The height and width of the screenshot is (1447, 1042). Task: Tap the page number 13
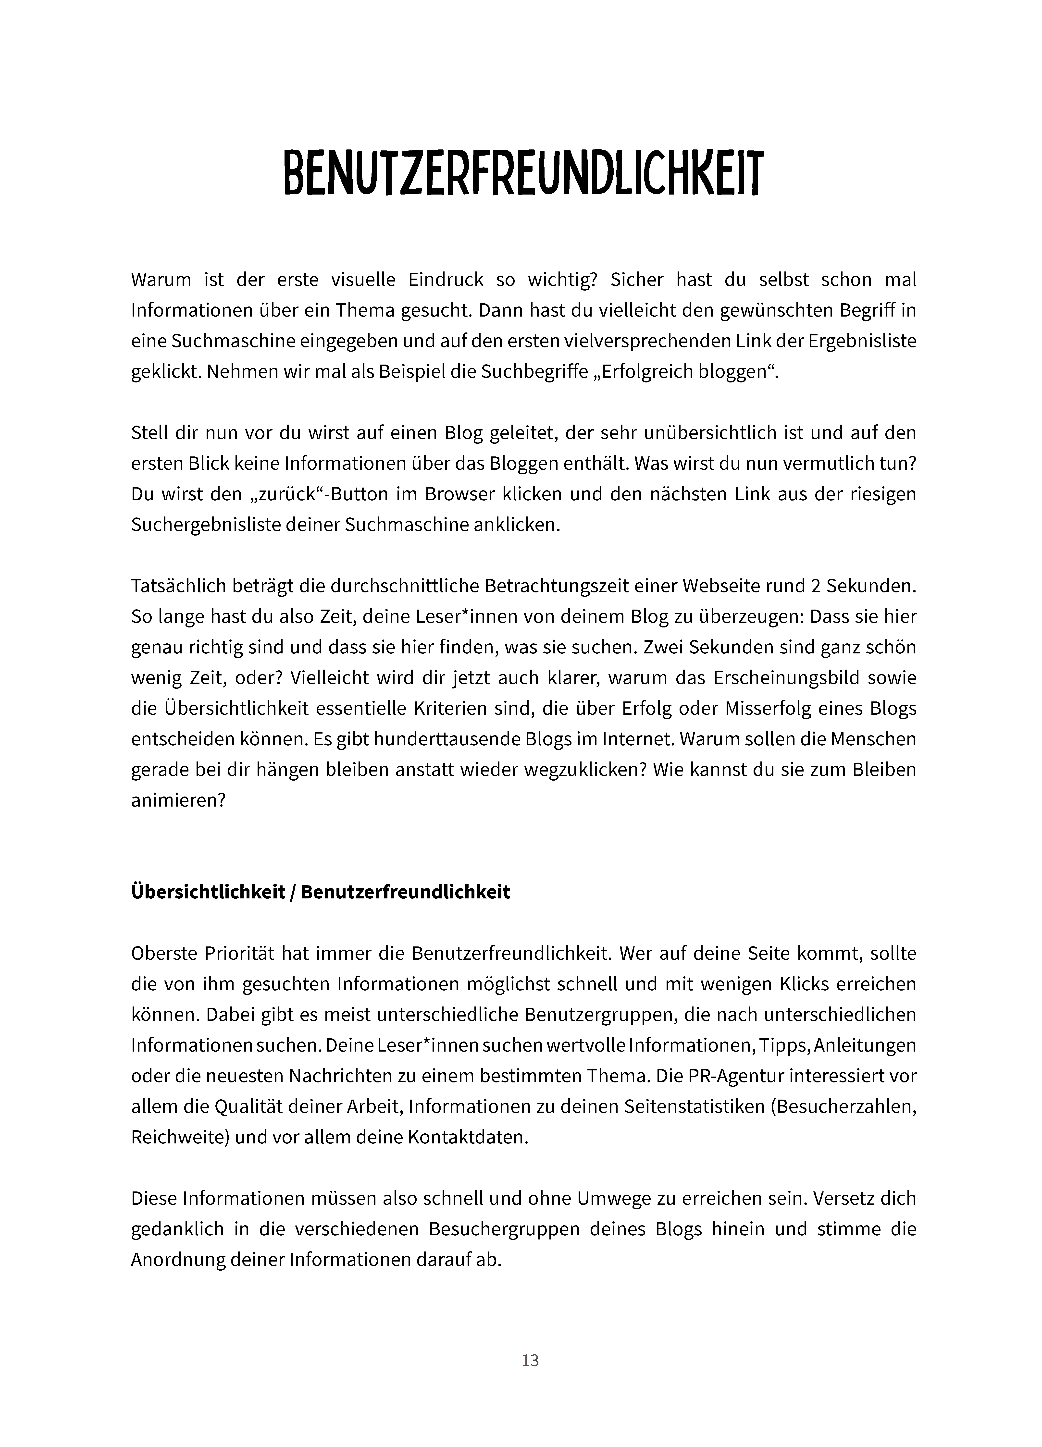[x=530, y=1360]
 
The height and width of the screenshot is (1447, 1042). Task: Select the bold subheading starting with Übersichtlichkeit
[x=320, y=891]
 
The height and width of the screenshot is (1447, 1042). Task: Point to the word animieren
[x=178, y=800]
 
